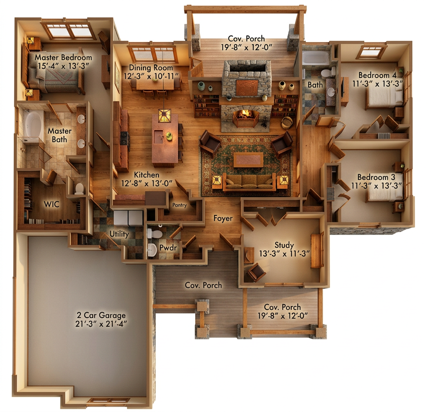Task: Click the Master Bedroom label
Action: coord(63,58)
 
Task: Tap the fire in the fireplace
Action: coord(245,114)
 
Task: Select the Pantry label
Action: coord(179,205)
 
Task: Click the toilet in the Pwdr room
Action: coord(154,233)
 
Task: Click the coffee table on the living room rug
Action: coord(248,159)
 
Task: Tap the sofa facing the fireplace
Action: coord(249,182)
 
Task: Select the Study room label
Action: coord(284,245)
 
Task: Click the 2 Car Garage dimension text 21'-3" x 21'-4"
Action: coord(101,324)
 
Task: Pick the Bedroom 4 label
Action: coord(377,75)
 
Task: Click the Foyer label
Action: coord(223,218)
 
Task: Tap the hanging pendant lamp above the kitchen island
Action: coord(165,116)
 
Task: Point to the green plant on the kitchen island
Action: coord(169,136)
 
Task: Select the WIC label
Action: coord(51,204)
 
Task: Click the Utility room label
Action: coord(119,234)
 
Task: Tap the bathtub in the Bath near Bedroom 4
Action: coord(316,58)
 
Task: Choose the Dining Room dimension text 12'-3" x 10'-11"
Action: coord(151,76)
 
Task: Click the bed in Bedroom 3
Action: coord(385,186)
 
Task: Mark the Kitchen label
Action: coord(147,175)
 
